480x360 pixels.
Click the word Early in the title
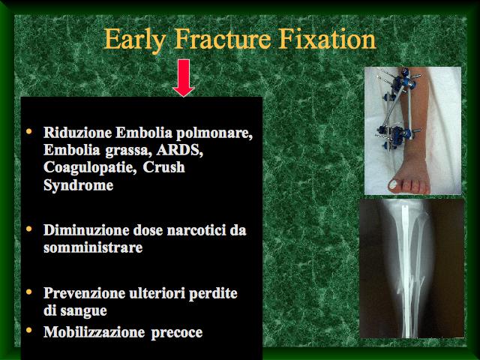tap(135, 40)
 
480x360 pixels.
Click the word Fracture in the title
tap(223, 38)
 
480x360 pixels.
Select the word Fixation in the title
tap(327, 38)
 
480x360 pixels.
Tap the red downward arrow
tap(184, 78)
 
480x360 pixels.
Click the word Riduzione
tap(77, 133)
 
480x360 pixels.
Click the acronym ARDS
tap(180, 151)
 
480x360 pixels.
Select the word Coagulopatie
tap(90, 168)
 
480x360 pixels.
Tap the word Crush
tap(163, 167)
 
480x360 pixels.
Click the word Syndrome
tap(78, 186)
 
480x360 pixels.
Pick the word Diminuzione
tap(86, 230)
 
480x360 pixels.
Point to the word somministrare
tap(93, 248)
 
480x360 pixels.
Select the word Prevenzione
tap(85, 293)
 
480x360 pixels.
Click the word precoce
tap(177, 333)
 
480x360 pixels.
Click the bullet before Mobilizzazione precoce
tap(29, 330)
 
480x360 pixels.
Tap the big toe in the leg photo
tap(394, 184)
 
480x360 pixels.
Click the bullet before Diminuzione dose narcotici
tap(29, 229)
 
